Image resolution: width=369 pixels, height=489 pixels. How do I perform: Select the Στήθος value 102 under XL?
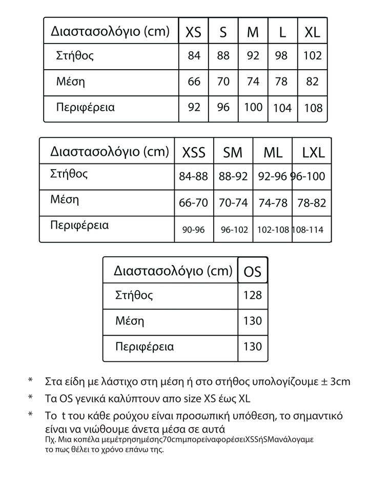coord(312,56)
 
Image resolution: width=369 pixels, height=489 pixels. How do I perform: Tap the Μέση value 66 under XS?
coord(194,82)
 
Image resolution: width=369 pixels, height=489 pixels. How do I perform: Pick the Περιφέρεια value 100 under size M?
coord(253,108)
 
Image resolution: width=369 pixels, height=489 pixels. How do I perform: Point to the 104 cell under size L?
coord(282,108)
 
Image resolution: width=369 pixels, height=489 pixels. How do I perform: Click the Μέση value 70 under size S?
coord(223,82)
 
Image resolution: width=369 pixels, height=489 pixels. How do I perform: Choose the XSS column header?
coord(194,153)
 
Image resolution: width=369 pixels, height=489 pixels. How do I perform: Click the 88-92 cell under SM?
coord(233,177)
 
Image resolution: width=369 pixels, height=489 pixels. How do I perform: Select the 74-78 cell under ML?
coord(273,203)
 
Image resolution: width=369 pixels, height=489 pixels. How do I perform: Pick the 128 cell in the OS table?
coord(253,295)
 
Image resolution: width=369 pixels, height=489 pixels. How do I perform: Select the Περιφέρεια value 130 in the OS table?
coord(253,347)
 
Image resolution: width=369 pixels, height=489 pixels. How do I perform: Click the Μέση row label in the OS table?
coord(130,321)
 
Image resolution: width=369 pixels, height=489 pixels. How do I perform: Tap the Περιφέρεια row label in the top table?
coord(85,108)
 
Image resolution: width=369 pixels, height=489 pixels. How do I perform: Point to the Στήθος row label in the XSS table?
coord(69,173)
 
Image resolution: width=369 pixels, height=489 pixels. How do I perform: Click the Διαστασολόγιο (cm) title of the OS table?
coord(173,270)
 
